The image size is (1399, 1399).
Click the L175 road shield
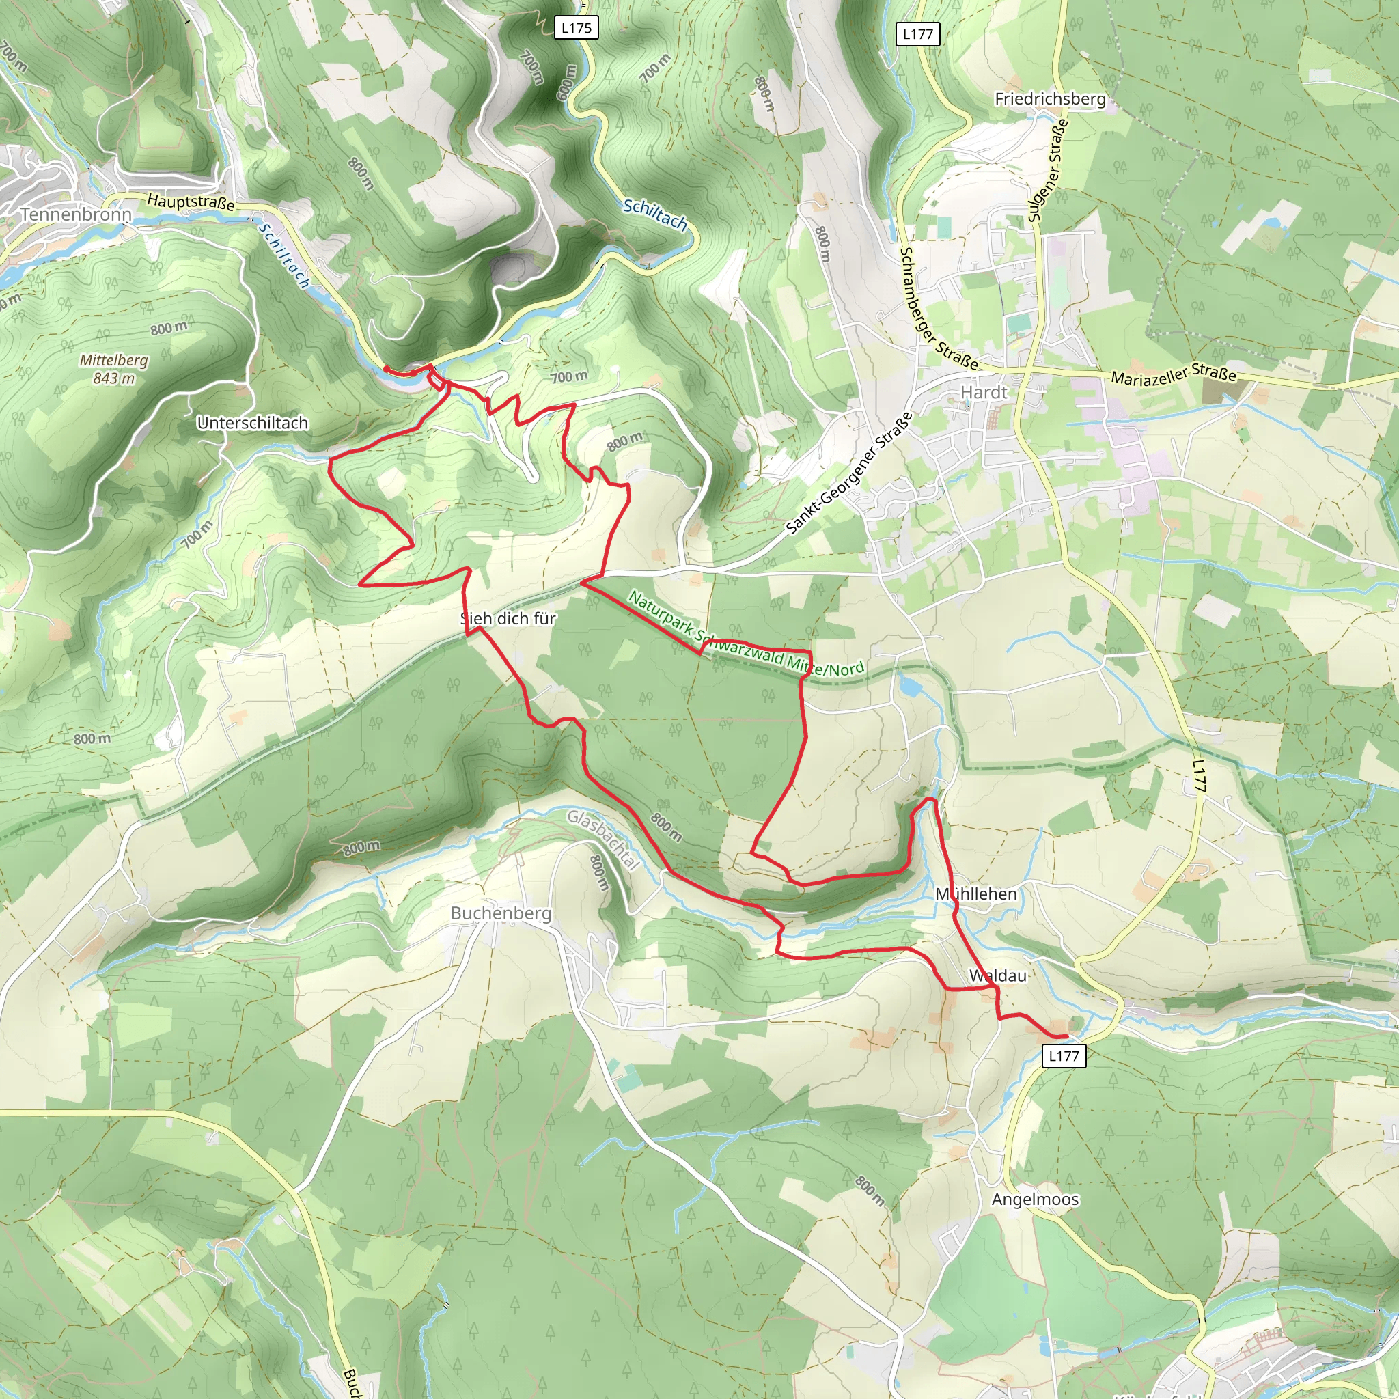(x=577, y=28)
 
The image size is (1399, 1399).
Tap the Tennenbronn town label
(x=76, y=214)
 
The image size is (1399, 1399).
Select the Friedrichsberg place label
(x=1050, y=98)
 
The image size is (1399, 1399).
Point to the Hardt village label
(x=984, y=393)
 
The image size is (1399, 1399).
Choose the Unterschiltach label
(x=253, y=423)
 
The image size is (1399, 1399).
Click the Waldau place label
(x=998, y=975)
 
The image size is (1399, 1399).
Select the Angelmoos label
(x=1035, y=1199)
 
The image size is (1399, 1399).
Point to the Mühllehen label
(x=976, y=894)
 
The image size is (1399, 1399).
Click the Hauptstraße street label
(x=191, y=202)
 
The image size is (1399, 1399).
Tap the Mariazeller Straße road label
(x=1173, y=376)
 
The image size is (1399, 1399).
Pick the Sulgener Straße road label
(x=1048, y=170)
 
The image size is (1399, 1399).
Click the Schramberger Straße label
(x=937, y=308)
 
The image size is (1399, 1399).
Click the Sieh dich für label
(x=508, y=618)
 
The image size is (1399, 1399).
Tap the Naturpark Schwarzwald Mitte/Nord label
(x=746, y=634)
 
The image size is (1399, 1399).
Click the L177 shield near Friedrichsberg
(x=917, y=34)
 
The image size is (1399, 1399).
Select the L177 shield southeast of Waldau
(x=1064, y=1056)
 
